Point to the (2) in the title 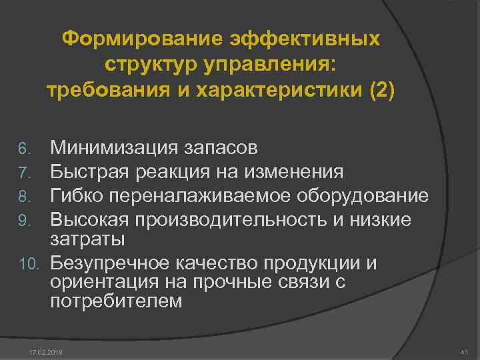coord(381,90)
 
